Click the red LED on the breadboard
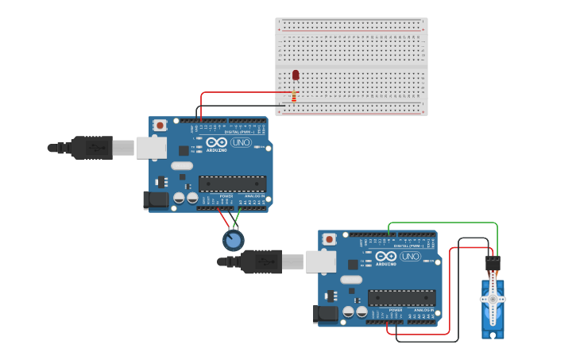(x=296, y=75)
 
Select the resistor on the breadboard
(x=294, y=96)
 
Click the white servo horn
(x=493, y=299)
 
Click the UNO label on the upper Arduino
(x=242, y=142)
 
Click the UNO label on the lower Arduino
(x=411, y=256)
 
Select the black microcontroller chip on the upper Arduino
(x=232, y=184)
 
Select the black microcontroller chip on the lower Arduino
(x=401, y=298)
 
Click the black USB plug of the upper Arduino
(x=91, y=147)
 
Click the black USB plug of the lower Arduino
(x=261, y=261)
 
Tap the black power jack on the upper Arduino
(x=156, y=200)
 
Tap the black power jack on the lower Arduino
(x=326, y=315)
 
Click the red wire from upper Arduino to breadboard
(x=238, y=93)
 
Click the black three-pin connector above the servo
(x=493, y=263)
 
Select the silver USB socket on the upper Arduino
(x=150, y=147)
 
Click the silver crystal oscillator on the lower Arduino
(x=350, y=280)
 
